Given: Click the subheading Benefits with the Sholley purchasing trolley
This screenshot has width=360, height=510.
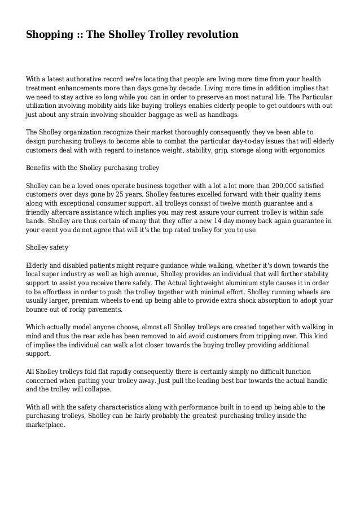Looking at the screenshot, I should pyautogui.click(x=93, y=168).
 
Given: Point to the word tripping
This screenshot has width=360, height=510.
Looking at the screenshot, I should pyautogui.click(x=270, y=337).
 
